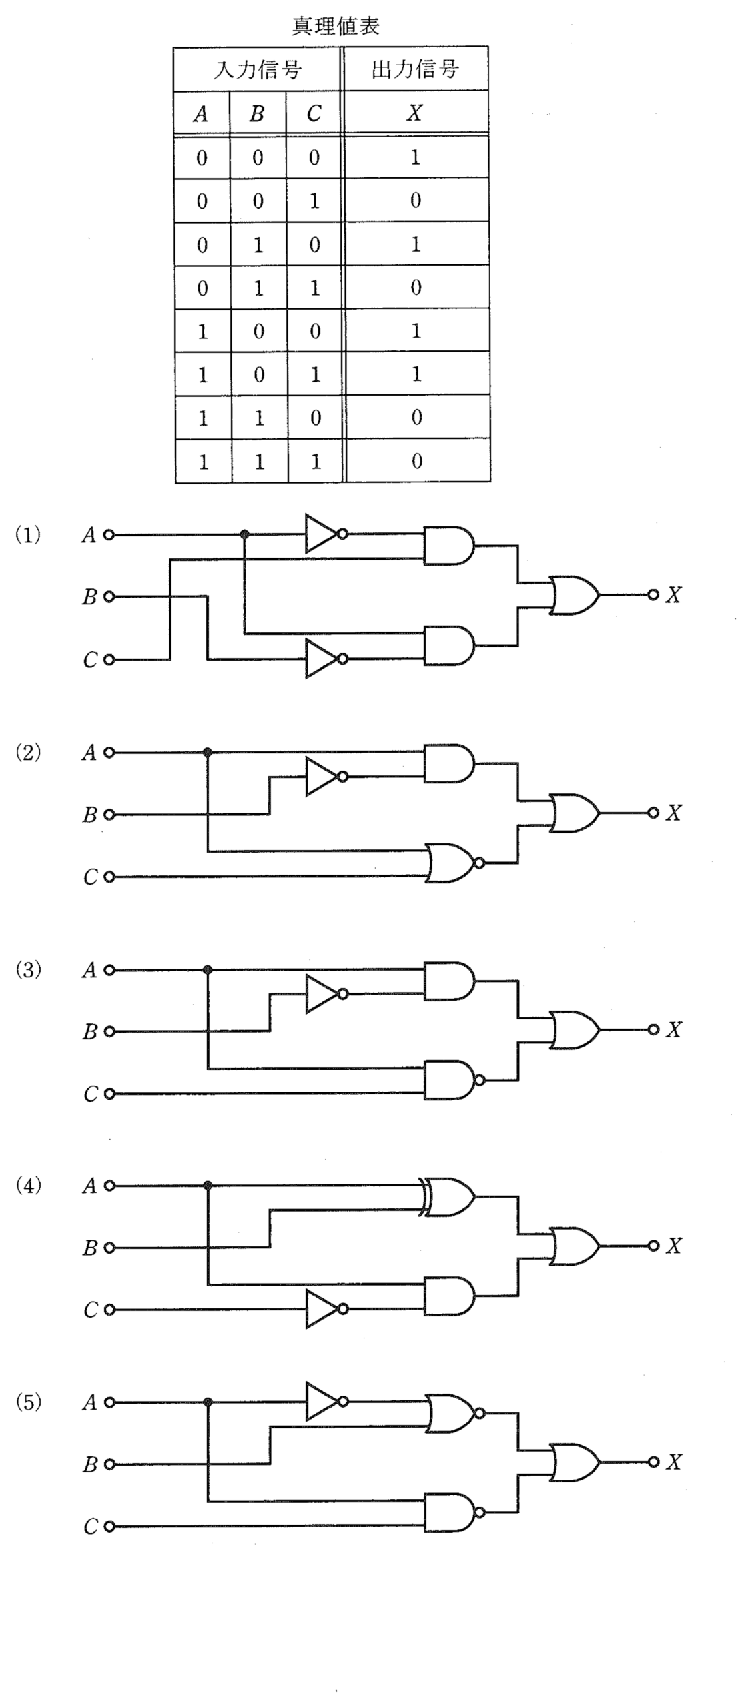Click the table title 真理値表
point(336,26)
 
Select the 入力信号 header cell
point(258,69)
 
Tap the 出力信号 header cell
point(416,69)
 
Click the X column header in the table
point(415,113)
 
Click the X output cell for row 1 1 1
point(417,461)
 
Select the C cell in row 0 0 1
point(314,201)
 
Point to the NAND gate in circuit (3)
point(454,1080)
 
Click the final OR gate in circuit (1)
point(574,594)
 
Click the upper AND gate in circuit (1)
point(449,546)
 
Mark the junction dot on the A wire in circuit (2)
point(208,753)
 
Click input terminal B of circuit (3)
point(109,1031)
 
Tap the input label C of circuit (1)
point(90,660)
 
